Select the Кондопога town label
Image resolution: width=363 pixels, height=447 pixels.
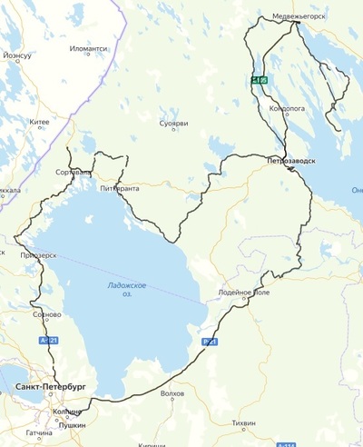coord(288,107)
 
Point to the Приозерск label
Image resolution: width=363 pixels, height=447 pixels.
coord(38,255)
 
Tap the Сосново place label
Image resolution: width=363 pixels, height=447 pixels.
coord(46,315)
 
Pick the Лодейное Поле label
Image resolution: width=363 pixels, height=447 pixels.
coord(244,293)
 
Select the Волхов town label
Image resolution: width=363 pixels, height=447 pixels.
coord(172,393)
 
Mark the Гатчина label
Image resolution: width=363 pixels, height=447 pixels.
coord(39,433)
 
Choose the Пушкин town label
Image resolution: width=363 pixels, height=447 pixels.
coord(72,423)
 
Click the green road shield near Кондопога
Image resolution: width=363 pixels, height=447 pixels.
coord(260,81)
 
